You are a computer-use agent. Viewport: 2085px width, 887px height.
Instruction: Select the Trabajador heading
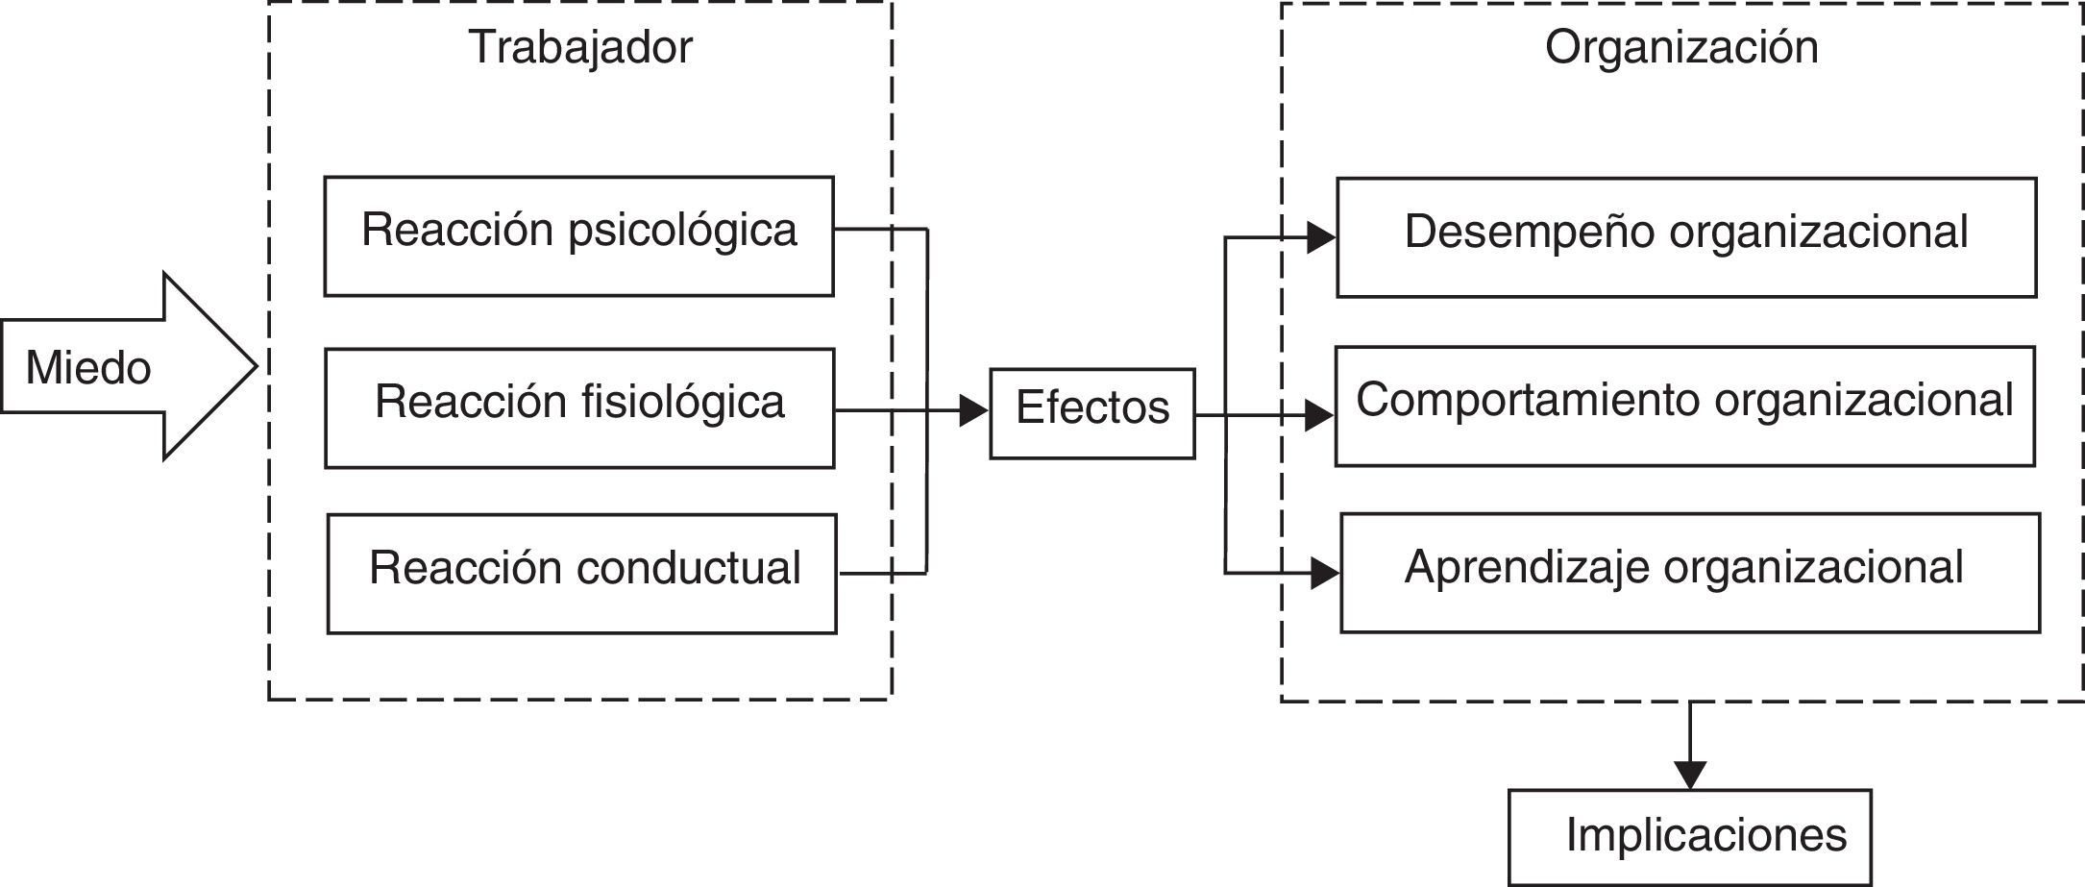(580, 47)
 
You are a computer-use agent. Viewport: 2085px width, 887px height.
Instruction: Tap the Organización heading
(1681, 47)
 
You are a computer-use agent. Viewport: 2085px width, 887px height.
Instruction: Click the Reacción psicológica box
(578, 235)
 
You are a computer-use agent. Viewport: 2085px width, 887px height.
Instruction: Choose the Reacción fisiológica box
(579, 407)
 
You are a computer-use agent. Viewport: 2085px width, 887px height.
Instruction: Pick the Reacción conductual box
(582, 574)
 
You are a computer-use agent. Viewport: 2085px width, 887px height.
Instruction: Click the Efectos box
(1092, 413)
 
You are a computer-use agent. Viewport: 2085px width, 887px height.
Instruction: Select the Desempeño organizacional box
(1686, 237)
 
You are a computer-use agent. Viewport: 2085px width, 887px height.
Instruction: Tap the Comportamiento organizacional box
(1684, 406)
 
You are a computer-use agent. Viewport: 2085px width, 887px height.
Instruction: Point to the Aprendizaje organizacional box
(1689, 573)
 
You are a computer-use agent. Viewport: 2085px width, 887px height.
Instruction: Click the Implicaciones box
(1689, 837)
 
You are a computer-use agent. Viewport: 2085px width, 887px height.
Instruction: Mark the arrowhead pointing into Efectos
(974, 412)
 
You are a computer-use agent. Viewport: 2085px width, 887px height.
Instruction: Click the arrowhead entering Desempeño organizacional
(1322, 237)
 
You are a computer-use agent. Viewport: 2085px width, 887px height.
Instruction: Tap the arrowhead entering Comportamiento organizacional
(1320, 416)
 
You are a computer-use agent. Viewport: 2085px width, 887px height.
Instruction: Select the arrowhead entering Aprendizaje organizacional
(1325, 575)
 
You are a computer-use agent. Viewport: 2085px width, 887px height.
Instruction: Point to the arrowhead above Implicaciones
(1689, 775)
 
